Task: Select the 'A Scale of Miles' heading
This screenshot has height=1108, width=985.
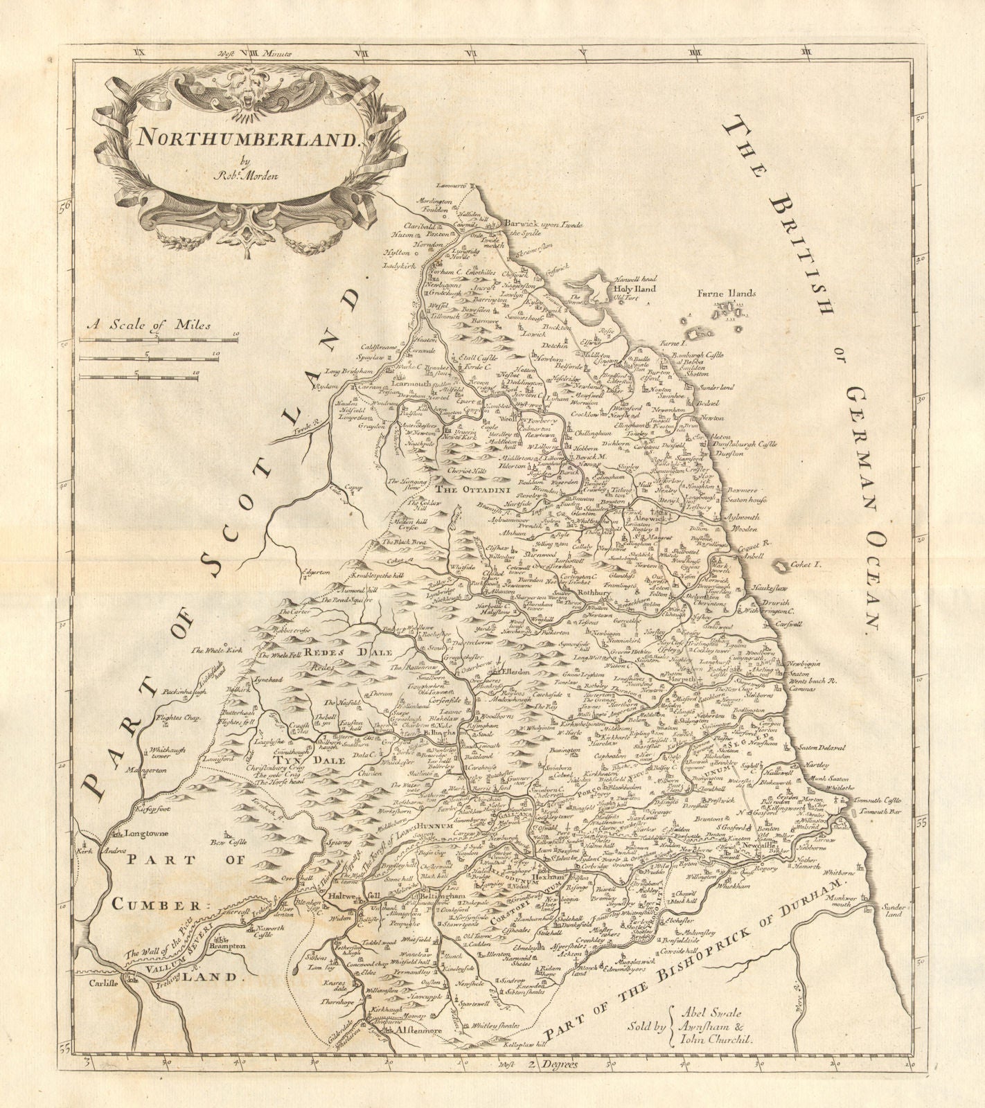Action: tap(148, 323)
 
